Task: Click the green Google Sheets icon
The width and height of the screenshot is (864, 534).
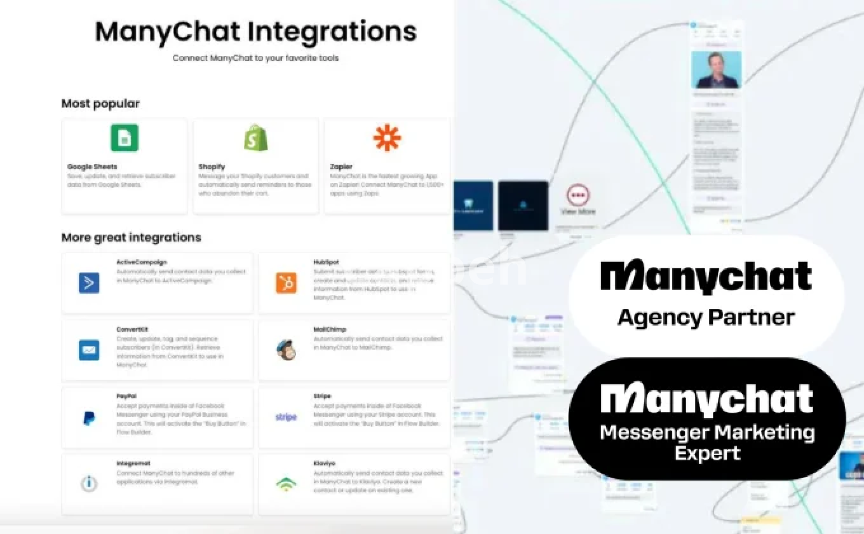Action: coord(124,138)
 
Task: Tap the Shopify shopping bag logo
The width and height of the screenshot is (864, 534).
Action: coord(256,138)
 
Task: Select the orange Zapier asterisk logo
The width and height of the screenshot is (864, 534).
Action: coord(387,138)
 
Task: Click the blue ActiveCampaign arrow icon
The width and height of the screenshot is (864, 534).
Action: coord(89,283)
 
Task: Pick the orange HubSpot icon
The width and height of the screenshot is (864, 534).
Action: coord(286,283)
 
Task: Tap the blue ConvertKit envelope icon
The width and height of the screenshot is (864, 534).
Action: coord(89,350)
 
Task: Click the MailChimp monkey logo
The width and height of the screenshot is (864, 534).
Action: coord(286,350)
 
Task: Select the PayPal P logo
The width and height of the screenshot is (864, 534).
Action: coord(89,418)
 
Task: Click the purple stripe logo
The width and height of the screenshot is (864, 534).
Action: coord(286,417)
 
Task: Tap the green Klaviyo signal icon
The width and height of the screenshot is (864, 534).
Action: coord(286,484)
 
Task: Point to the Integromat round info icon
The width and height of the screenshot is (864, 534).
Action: coord(89,483)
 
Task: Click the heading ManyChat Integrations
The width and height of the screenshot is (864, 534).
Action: coord(256,32)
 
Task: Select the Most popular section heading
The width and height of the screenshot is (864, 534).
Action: coord(100,104)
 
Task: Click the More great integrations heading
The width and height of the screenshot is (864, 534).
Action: coord(131,237)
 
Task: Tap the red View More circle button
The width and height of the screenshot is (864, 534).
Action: coord(578,195)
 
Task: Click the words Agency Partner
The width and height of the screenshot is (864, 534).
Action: coord(706,317)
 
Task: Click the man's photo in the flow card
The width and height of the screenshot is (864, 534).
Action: coord(716,70)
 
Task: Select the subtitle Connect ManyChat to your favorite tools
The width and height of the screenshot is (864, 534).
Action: coord(256,58)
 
